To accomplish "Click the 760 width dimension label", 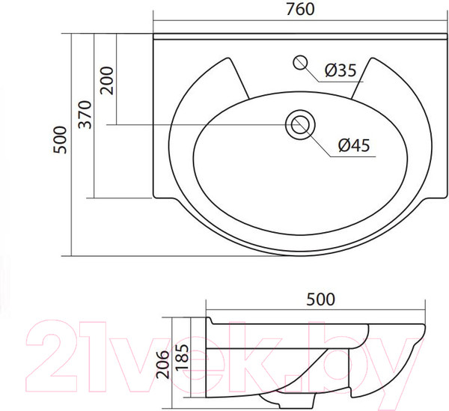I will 299,9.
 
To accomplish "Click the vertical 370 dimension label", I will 85,115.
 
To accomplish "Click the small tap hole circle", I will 302,62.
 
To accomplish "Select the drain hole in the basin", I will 300,124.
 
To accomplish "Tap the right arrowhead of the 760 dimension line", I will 442,18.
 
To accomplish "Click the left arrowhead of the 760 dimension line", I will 156,18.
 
